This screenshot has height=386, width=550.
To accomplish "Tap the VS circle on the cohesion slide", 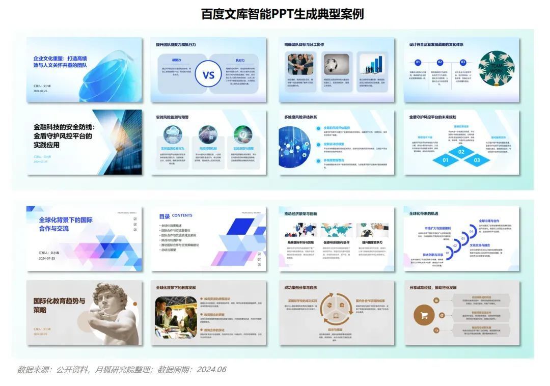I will [209, 75].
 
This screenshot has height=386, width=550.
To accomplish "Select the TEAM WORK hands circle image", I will [496, 68].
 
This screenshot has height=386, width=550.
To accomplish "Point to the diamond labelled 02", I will [461, 152].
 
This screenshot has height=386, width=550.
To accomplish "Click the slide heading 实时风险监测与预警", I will [172, 117].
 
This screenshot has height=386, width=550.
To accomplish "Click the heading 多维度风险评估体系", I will [300, 117].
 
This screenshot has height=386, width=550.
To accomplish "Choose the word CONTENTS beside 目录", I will [182, 215].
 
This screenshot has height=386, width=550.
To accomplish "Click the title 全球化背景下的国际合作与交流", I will [66, 224].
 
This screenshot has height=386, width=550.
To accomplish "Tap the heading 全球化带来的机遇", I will [424, 213].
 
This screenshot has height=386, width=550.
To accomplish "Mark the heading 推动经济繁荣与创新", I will [300, 213].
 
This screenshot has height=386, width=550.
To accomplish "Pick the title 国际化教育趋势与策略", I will [59, 305].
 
